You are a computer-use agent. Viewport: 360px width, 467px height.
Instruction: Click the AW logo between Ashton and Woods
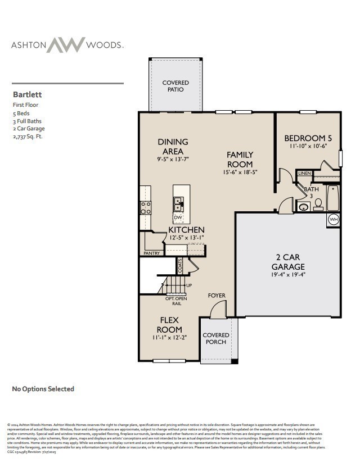coord(65,45)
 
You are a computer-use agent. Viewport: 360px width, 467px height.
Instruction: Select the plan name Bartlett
coord(28,95)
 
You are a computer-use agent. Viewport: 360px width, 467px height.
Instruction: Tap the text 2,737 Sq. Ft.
coord(27,136)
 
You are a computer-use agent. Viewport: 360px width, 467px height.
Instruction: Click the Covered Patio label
coord(175,86)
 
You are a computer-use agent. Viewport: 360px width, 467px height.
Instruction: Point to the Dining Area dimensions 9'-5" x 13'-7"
coord(173,159)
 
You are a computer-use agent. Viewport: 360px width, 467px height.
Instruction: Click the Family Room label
coord(240,159)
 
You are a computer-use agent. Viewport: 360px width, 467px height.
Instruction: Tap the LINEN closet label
coord(304,173)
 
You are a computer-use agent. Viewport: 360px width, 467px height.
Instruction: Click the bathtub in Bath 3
coord(333,198)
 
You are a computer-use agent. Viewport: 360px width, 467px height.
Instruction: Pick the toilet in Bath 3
coord(318,203)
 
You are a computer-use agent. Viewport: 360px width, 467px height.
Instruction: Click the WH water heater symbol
coord(334,219)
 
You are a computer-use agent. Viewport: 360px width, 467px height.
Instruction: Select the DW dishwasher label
coord(178,217)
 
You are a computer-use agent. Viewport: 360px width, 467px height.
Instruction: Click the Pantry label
coord(151,253)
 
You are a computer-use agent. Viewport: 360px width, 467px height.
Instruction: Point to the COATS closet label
coord(180,265)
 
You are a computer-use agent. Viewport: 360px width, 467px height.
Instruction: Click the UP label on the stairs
coord(190,285)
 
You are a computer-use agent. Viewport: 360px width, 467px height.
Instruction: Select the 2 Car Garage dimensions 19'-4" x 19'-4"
coord(288,275)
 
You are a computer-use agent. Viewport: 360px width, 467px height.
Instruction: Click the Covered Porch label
coord(216,339)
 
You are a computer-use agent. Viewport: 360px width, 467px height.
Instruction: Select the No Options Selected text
coord(43,389)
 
